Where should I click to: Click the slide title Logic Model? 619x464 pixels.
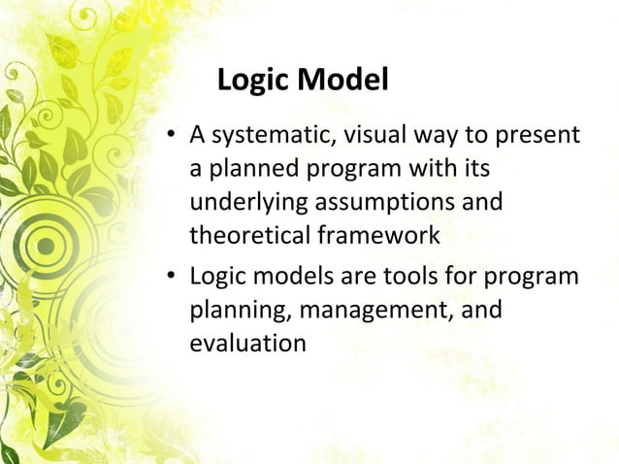pos(303,80)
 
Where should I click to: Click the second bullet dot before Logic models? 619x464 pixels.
pos(170,279)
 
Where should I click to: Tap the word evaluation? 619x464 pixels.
pos(247,343)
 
